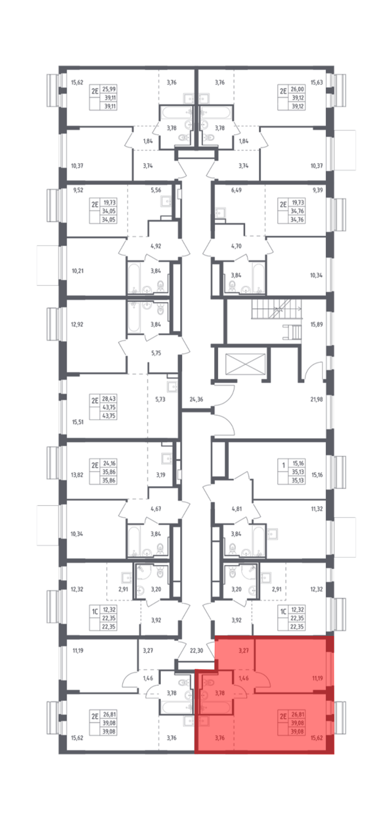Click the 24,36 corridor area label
[196, 399]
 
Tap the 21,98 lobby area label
[316, 399]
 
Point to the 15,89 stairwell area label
[316, 324]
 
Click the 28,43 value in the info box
[109, 399]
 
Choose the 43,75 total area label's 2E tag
[95, 400]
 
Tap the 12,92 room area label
[77, 324]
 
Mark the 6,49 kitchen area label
[236, 190]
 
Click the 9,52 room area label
[78, 190]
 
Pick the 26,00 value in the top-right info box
[297, 89]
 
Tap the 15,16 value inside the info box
[298, 463]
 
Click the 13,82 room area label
[77, 475]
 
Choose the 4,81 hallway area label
[237, 509]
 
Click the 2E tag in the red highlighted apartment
[283, 716]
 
